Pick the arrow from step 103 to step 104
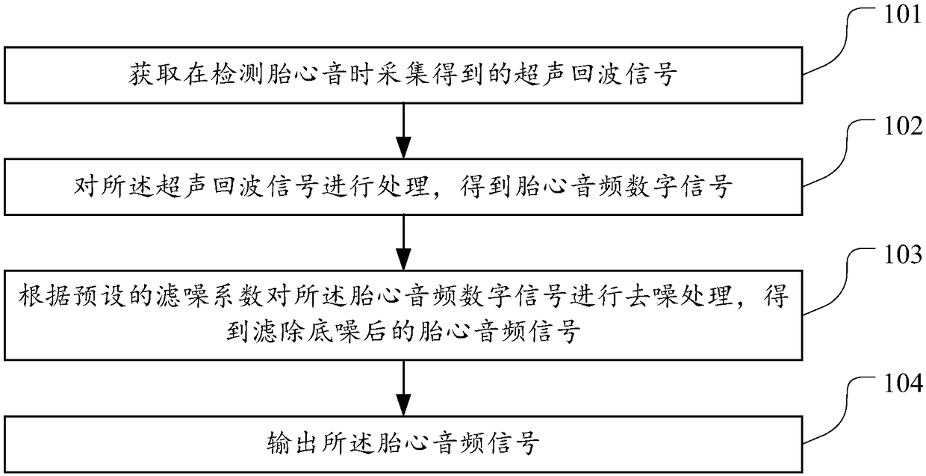pos(403,389)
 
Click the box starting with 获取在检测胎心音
pos(403,75)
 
